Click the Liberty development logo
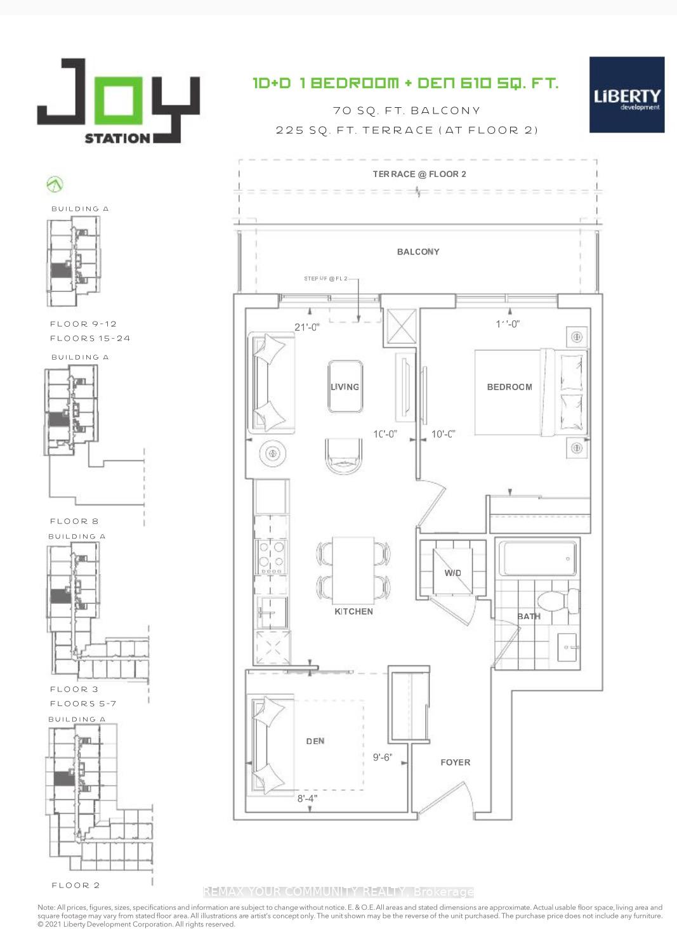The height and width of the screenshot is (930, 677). point(627,95)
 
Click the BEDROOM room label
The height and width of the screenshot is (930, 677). point(509,387)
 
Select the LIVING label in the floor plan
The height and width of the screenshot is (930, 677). point(345,387)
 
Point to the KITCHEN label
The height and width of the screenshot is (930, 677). point(353,612)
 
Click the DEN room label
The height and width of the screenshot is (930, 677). point(315,741)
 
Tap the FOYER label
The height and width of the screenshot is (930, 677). point(456,763)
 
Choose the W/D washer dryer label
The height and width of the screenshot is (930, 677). point(452,573)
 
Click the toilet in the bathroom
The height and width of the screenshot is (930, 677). point(556,600)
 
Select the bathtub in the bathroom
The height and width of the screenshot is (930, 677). point(536,558)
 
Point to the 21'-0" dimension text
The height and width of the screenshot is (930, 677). point(307,327)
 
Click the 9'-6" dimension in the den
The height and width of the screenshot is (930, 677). point(382,757)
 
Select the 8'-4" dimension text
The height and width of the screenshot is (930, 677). point(307,799)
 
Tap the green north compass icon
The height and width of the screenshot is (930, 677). point(55,185)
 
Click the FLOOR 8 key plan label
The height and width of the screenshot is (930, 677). point(74,521)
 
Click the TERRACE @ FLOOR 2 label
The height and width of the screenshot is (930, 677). point(419,174)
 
